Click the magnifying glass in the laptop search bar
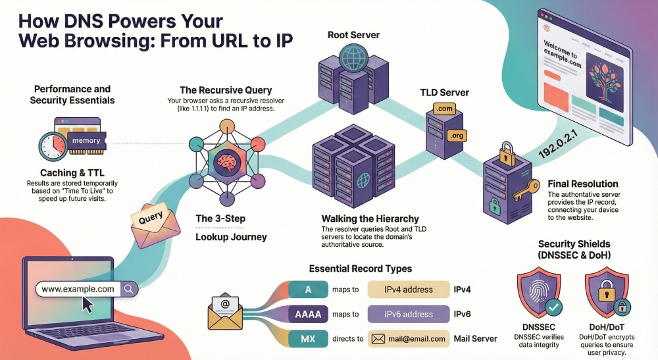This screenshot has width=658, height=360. click(129, 289)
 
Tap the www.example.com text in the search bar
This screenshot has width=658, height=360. click(78, 289)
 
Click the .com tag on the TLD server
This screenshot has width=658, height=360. click(444, 108)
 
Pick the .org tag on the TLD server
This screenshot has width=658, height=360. click(456, 136)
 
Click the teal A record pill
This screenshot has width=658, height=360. click(308, 290)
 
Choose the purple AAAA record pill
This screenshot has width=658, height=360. click(308, 314)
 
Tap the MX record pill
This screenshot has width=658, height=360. click(308, 339)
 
